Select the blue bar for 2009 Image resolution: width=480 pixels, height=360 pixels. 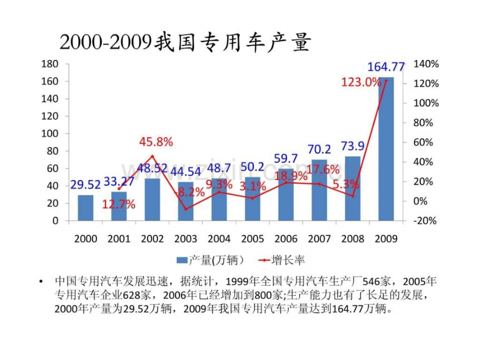tap(386, 151)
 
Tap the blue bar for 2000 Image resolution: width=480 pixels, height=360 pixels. tap(86, 208)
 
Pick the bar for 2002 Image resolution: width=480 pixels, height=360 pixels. tap(152, 200)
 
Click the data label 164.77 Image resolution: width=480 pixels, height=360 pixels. tap(386, 67)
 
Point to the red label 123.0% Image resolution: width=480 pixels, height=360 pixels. tap(361, 82)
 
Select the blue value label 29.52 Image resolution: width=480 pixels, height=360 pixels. tap(86, 185)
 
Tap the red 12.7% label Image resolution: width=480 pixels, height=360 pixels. tap(118, 205)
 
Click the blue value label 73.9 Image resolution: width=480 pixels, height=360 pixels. tap(353, 146)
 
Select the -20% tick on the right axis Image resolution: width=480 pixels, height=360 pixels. tap(425, 221)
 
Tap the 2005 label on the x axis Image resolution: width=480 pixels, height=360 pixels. tap(253, 239)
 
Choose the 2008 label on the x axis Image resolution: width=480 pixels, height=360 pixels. tap(353, 239)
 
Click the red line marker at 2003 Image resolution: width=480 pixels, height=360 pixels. tap(186, 209)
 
